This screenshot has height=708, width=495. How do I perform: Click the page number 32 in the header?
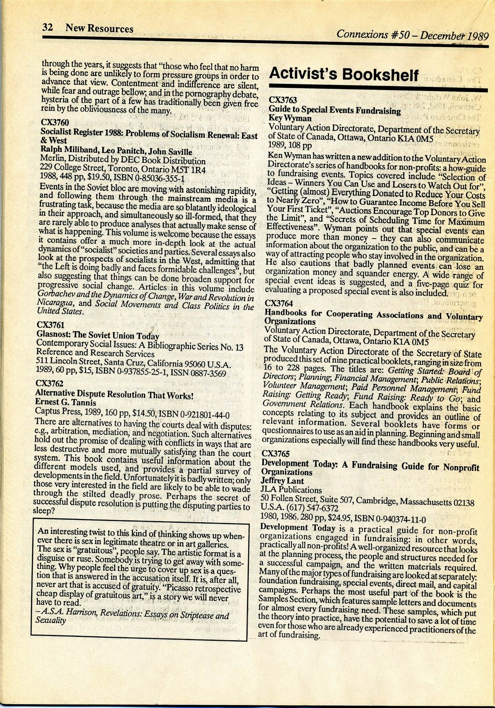[47, 28]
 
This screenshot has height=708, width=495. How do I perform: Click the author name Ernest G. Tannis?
[65, 402]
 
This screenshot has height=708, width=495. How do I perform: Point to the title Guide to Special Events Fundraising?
[334, 110]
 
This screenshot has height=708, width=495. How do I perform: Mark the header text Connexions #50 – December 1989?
[412, 34]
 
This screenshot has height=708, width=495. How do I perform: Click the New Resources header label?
[99, 29]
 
